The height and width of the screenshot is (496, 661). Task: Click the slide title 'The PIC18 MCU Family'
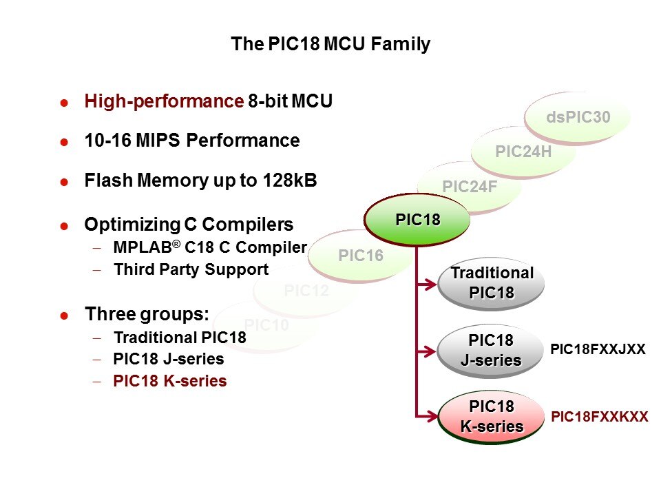pyautogui.click(x=330, y=45)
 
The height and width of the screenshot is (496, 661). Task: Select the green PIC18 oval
pyautogui.click(x=417, y=220)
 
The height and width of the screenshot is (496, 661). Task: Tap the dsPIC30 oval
pyautogui.click(x=578, y=118)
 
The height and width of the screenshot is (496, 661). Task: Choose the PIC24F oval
pyautogui.click(x=469, y=187)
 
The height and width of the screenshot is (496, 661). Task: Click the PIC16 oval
pyautogui.click(x=360, y=256)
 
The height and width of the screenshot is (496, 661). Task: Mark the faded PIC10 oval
pyautogui.click(x=266, y=324)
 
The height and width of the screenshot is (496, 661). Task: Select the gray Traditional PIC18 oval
pyautogui.click(x=492, y=282)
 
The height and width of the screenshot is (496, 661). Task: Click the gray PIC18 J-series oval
pyautogui.click(x=490, y=351)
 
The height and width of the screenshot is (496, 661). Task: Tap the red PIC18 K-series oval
pyautogui.click(x=491, y=417)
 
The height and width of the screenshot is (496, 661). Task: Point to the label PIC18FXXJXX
pyautogui.click(x=598, y=349)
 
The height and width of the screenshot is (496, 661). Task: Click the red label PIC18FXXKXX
pyautogui.click(x=600, y=417)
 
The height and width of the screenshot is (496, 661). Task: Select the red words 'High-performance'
pyautogui.click(x=160, y=102)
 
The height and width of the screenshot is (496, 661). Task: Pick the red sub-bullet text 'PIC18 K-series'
pyautogui.click(x=170, y=381)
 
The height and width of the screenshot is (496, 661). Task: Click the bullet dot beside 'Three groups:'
pyautogui.click(x=64, y=316)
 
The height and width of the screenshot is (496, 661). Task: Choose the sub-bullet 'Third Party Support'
pyautogui.click(x=191, y=269)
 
